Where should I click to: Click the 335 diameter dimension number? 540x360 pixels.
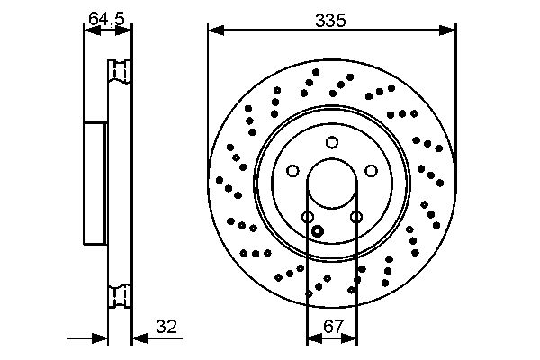331,17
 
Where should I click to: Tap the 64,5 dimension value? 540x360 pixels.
106,17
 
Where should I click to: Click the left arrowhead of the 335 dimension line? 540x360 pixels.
214,31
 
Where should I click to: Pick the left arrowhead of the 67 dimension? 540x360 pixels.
311,339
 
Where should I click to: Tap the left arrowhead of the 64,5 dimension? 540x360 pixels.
88,31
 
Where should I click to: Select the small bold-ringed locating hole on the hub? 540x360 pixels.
317,231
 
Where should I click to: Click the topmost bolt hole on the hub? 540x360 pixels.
332,142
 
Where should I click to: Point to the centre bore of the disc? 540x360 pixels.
332,186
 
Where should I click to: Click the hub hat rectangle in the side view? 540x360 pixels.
95,184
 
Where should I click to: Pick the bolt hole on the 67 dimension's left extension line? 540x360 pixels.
307,217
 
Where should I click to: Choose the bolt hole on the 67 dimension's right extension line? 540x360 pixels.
356,217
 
